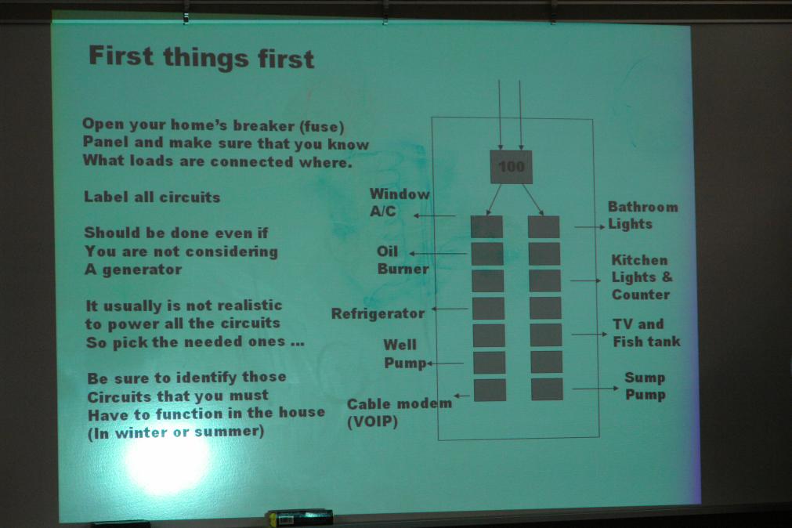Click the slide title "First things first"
tap(201, 57)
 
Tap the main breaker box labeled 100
tap(512, 167)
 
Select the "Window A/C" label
tap(399, 202)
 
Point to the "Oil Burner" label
tap(402, 260)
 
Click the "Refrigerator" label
tap(378, 314)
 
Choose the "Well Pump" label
tap(404, 353)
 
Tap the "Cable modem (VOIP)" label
tap(399, 412)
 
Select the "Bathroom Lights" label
tap(642, 215)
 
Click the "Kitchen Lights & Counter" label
tap(642, 277)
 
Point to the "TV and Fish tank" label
tap(646, 333)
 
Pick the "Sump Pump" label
tap(645, 386)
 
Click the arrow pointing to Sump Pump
tap(595, 389)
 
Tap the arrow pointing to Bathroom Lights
tap(589, 227)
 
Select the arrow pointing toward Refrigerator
tap(450, 309)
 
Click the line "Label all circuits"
tap(152, 197)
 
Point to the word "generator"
tap(142, 269)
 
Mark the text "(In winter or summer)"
tap(175, 432)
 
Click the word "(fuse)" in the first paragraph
tap(324, 126)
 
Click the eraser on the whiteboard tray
tap(300, 517)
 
